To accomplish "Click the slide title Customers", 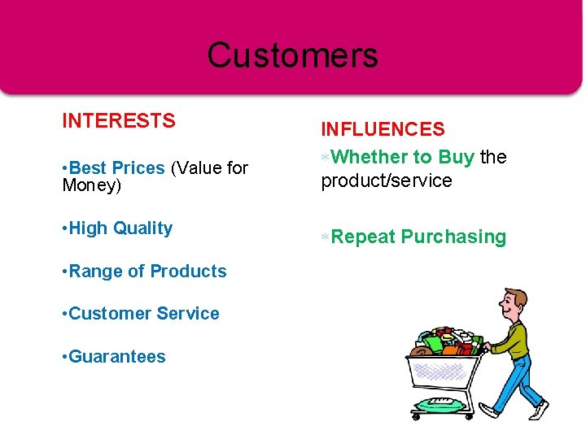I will pyautogui.click(x=292, y=55).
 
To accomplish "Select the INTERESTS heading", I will pyautogui.click(x=119, y=121).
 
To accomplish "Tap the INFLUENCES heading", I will pyautogui.click(x=383, y=129).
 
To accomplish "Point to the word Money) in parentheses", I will pyautogui.click(x=91, y=186).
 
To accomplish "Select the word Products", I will pyautogui.click(x=189, y=272).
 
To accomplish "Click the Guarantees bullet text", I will pyautogui.click(x=117, y=357).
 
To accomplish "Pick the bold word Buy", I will pyautogui.click(x=456, y=157).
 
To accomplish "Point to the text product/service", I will pyautogui.click(x=387, y=180).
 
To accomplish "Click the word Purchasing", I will pyautogui.click(x=453, y=237).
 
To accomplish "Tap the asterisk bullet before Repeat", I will pyautogui.click(x=325, y=237).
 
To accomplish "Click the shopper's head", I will pyautogui.click(x=514, y=303).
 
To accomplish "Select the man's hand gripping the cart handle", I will pyautogui.click(x=486, y=348).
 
